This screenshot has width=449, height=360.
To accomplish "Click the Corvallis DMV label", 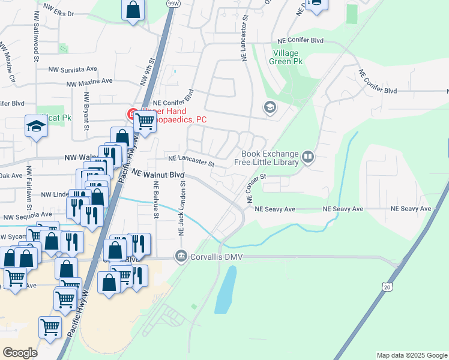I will (215, 257).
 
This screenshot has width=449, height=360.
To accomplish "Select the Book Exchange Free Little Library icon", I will (308, 157).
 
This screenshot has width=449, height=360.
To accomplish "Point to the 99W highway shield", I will (173, 3).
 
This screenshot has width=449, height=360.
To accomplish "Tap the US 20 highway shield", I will (388, 287).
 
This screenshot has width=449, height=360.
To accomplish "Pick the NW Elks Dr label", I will (59, 13).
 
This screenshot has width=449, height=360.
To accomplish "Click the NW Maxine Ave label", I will (89, 82).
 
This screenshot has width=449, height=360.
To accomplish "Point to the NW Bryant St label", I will (86, 111).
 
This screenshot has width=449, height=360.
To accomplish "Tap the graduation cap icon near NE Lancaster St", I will (270, 108).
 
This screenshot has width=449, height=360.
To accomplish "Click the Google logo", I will (20, 353).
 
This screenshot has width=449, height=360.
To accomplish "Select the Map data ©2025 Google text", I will (411, 355).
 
